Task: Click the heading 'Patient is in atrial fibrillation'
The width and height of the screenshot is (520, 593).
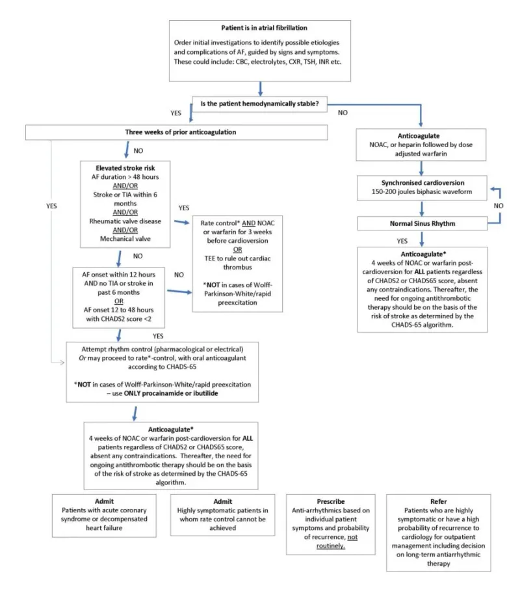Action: pos(260,28)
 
